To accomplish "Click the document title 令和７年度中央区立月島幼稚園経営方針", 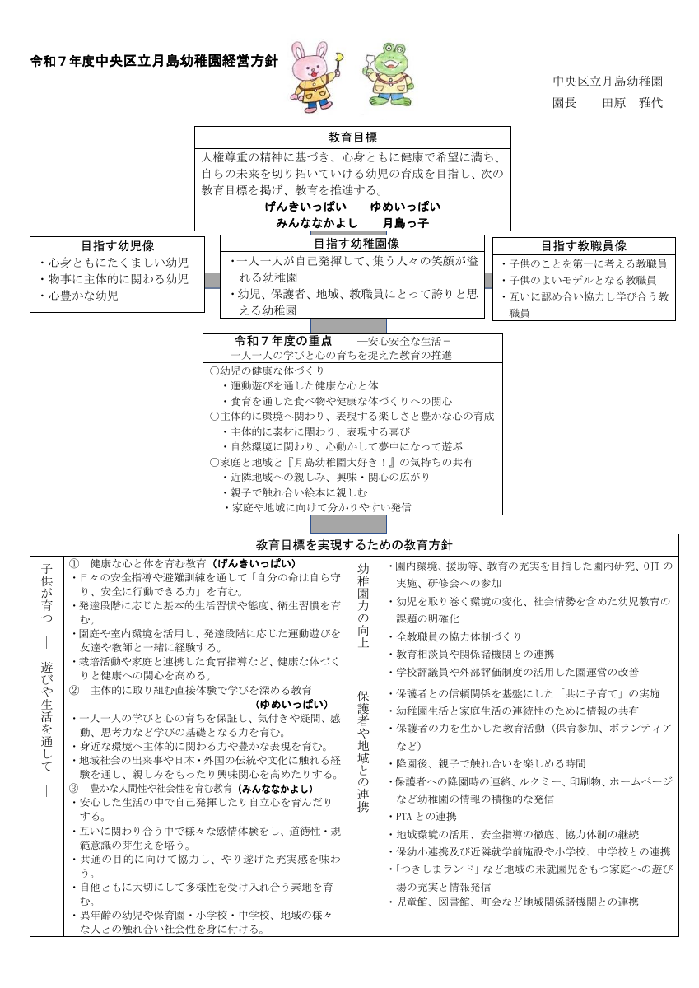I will pos(154,61).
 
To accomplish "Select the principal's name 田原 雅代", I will pos(632,103).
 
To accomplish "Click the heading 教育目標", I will pos(352,137).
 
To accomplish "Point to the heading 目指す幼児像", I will pos(118,245).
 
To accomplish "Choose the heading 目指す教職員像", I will pos(584,245).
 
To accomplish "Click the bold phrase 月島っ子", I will pos(405,222).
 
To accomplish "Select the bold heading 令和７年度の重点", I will pos(283,340).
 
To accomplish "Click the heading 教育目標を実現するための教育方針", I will pos(354,545).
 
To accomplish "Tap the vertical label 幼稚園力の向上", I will pos(363,605).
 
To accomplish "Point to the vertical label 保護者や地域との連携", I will pos(363,751).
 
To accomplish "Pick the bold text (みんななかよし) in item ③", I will pos(276,789).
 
